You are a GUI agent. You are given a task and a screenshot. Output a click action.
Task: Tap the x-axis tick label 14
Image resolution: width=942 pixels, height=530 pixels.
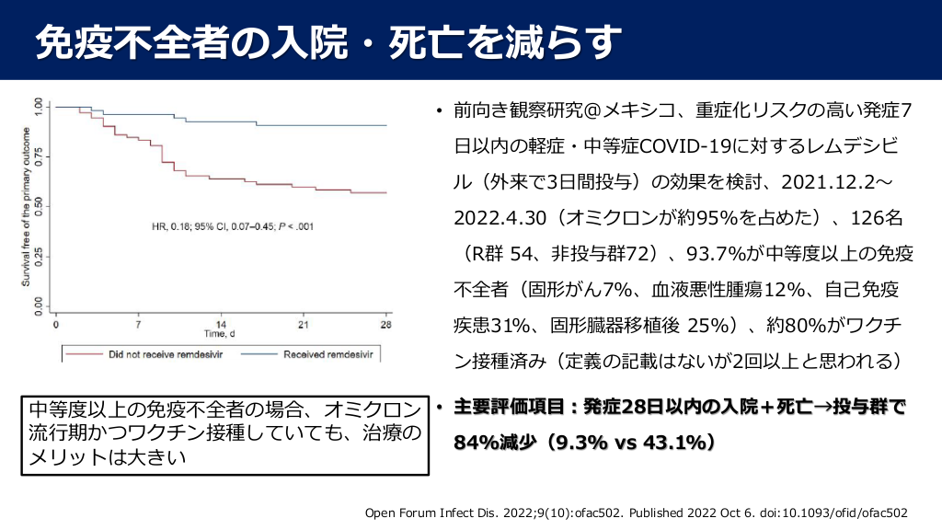tap(221, 325)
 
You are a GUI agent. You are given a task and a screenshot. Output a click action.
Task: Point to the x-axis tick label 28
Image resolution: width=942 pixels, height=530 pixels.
tap(386, 325)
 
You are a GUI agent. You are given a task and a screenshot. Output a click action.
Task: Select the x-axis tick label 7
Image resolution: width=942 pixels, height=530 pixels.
tap(138, 325)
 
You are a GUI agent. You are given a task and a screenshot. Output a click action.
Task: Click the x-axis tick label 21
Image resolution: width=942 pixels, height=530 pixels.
tap(304, 325)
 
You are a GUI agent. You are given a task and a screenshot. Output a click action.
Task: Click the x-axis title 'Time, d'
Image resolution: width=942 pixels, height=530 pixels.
tap(221, 335)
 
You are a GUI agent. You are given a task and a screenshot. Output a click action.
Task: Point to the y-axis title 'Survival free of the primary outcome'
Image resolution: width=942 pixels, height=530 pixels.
tap(27, 210)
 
